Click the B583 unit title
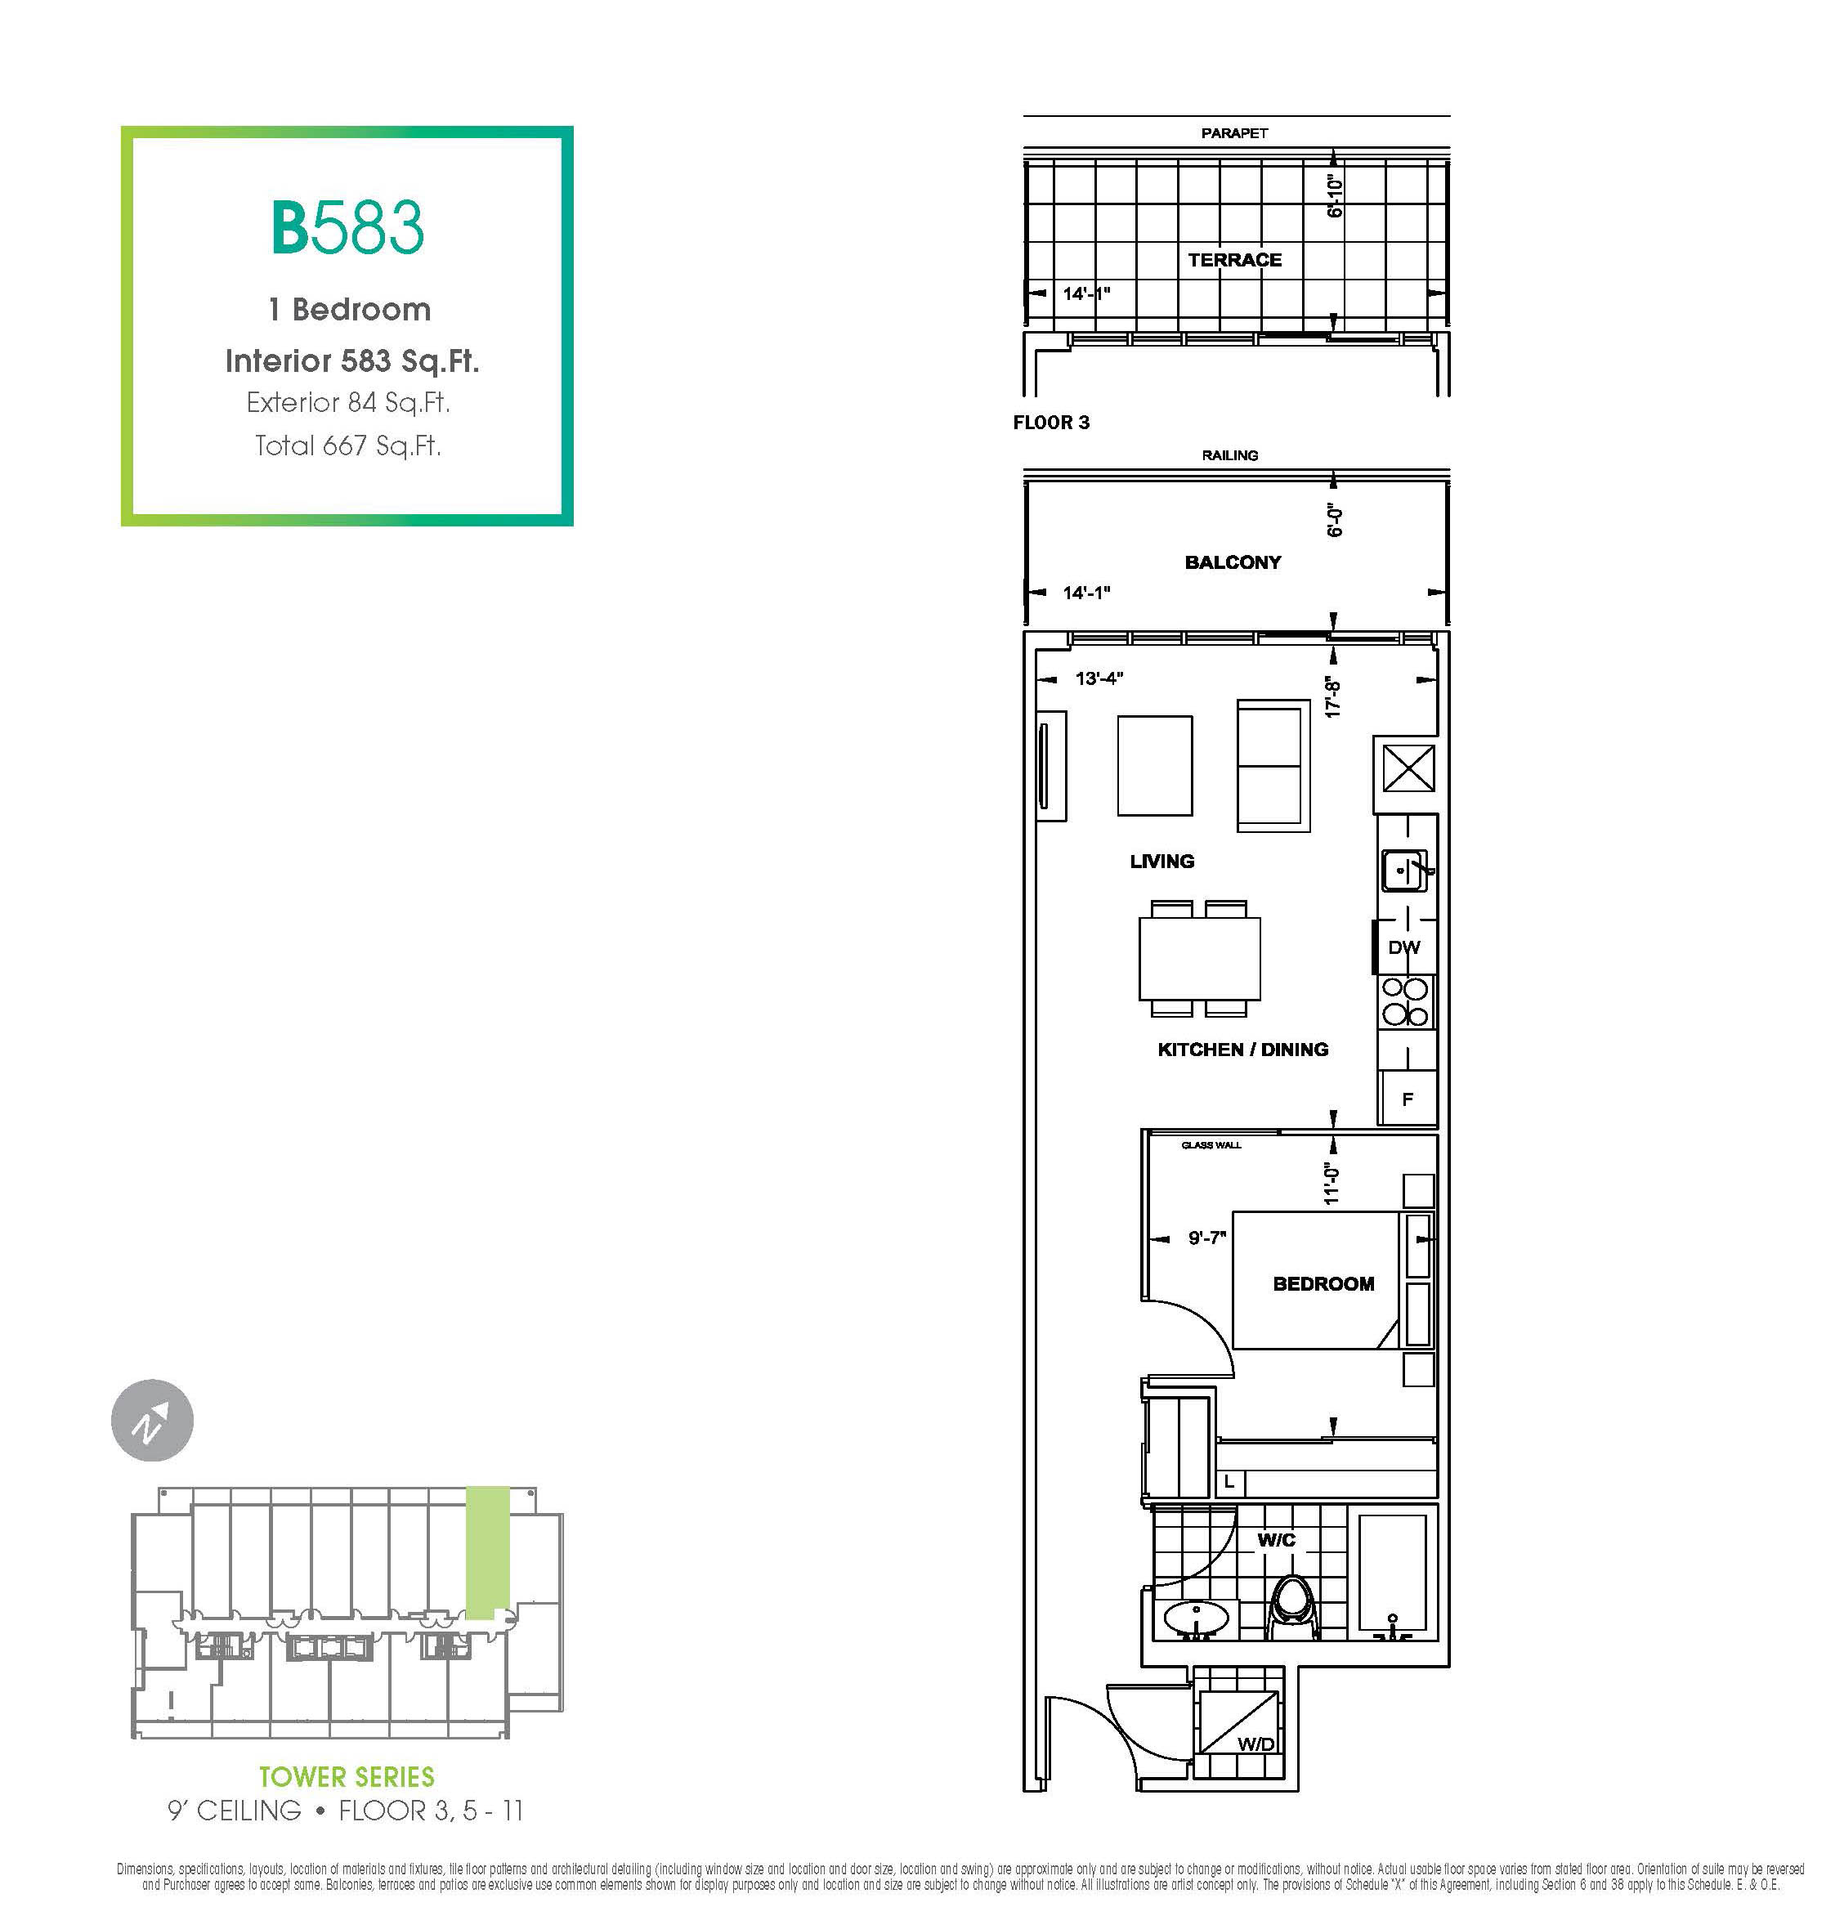347,227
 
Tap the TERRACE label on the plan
1234,260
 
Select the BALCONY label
1233,562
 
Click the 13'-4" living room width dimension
1099,678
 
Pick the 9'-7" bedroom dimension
1206,1238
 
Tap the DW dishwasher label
1404,947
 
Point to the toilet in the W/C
1293,1607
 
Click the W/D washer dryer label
1255,1743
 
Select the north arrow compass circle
152,1420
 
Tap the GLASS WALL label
1211,1145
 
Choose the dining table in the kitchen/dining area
1199,957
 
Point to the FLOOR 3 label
1050,423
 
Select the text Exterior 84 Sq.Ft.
347,403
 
